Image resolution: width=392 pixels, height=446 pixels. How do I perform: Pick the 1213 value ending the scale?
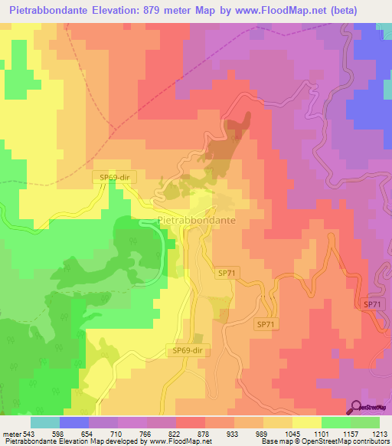point(378,432)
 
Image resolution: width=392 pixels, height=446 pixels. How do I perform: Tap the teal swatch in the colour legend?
point(44,421)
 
